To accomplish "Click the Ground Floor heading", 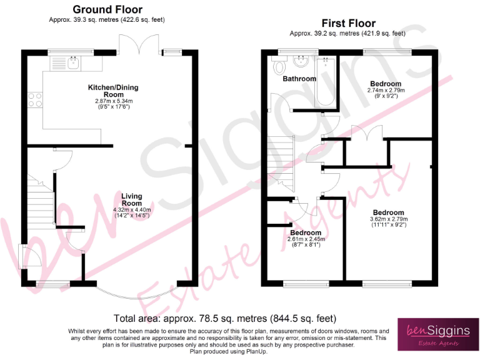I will point(107,9).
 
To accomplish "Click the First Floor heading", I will point(348,24).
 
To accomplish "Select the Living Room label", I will point(131,199).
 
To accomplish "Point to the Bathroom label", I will point(299,79).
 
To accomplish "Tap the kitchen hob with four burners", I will point(35,101).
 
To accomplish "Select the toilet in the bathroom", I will point(279,64).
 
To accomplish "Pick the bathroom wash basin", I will point(301,61).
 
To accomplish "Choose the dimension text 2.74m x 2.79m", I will point(386,91).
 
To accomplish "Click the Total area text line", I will point(224,318).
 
